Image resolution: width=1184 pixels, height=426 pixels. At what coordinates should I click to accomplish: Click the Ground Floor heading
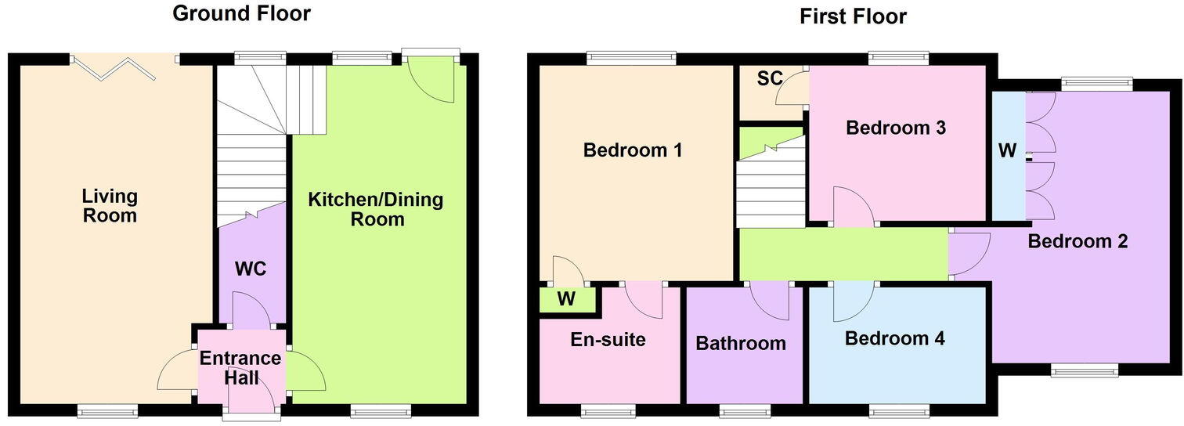pyautogui.click(x=241, y=13)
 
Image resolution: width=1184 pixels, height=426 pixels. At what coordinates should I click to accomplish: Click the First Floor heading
pyautogui.click(x=853, y=16)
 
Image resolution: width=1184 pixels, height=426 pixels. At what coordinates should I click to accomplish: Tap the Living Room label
pyautogui.click(x=110, y=205)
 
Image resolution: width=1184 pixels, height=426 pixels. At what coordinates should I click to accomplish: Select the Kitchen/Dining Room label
pyautogui.click(x=376, y=209)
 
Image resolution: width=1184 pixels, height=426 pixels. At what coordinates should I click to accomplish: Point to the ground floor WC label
pyautogui.click(x=251, y=269)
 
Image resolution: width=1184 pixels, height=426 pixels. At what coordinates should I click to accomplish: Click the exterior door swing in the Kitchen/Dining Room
pyautogui.click(x=432, y=82)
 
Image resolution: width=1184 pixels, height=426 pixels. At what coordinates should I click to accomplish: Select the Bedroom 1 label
pyautogui.click(x=634, y=150)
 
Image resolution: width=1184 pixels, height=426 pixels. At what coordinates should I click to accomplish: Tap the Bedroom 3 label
pyautogui.click(x=895, y=128)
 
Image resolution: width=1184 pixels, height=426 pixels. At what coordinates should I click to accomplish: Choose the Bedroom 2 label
pyautogui.click(x=1078, y=241)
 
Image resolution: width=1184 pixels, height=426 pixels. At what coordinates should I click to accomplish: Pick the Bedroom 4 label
pyautogui.click(x=894, y=338)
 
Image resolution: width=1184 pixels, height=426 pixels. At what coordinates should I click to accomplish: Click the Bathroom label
pyautogui.click(x=741, y=343)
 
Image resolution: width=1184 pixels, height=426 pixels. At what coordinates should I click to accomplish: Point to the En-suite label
pyautogui.click(x=608, y=339)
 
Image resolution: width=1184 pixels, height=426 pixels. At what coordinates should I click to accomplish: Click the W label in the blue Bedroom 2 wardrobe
pyautogui.click(x=1007, y=150)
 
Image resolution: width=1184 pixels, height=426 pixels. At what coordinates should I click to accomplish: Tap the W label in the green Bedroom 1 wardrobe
pyautogui.click(x=565, y=298)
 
